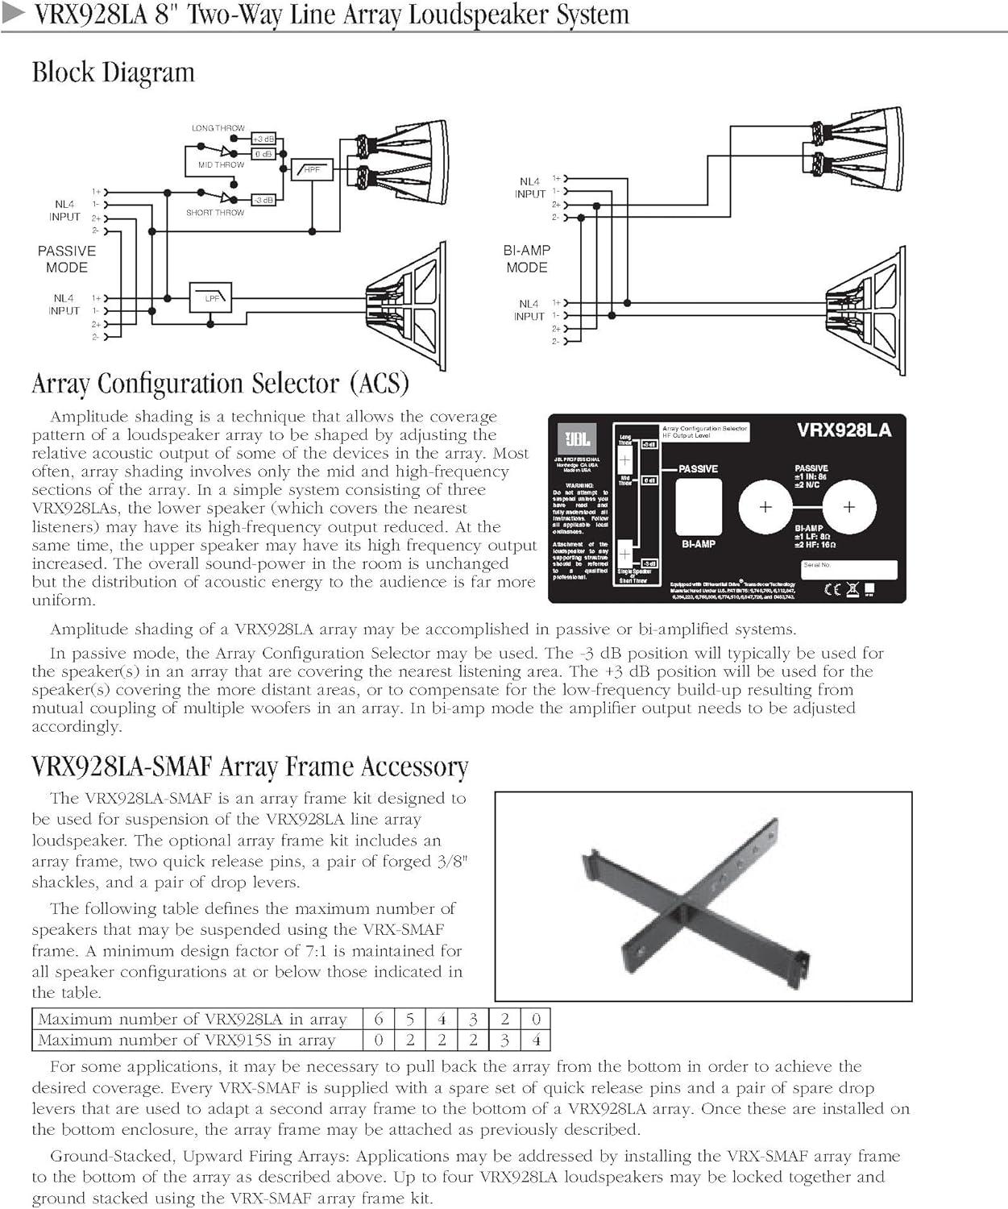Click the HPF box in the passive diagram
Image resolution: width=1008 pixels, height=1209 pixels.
pos(311,169)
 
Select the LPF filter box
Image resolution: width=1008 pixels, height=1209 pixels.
pos(210,297)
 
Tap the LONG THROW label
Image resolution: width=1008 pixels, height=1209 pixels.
pos(218,128)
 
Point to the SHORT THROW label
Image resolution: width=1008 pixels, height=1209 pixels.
pos(214,213)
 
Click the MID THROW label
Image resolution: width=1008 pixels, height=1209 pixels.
pos(221,164)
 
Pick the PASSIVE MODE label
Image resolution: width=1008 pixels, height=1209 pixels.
pos(67,259)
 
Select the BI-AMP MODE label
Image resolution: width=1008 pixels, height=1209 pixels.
pos(527,259)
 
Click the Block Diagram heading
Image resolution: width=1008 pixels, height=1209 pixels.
pos(114,73)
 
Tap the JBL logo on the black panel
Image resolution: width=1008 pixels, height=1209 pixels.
pos(577,439)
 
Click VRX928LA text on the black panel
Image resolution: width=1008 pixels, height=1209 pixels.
pos(844,430)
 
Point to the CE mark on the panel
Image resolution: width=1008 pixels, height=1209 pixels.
pos(833,589)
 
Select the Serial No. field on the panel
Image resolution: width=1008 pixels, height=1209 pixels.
pos(849,569)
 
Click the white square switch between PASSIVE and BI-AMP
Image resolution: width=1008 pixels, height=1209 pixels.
pos(698,506)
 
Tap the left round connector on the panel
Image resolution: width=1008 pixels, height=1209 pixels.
pos(765,507)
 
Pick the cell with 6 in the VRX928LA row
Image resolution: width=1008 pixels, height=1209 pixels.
pos(378,1019)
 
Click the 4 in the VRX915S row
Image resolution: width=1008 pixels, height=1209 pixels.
pos(536,1040)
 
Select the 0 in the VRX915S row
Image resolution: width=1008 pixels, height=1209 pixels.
pos(378,1040)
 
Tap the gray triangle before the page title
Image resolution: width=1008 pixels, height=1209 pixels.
pos(15,14)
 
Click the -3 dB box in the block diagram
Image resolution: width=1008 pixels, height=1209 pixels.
pos(263,199)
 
